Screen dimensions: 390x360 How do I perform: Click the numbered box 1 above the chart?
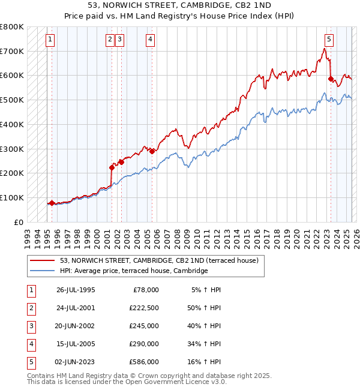50,40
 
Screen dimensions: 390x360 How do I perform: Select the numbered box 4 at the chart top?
150,40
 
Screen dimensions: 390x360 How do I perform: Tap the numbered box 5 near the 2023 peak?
329,40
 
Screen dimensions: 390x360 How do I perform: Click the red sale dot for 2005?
152,151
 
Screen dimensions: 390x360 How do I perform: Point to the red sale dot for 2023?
331,79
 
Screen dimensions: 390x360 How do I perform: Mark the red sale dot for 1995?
52,203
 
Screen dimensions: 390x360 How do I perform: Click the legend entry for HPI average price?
133,271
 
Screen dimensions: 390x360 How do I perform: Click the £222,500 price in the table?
144,308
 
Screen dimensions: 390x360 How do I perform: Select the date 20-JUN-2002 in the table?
76,326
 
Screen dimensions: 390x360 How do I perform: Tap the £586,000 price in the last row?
144,362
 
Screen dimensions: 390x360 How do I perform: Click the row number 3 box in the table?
31,326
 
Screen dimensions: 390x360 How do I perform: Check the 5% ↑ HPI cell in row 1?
207,290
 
